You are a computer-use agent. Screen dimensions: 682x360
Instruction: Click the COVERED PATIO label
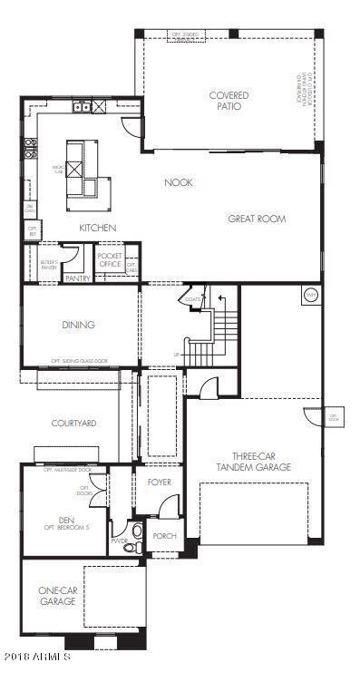point(229,101)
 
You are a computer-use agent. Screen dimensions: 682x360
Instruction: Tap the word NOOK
point(179,182)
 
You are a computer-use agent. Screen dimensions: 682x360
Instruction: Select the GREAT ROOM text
point(257,219)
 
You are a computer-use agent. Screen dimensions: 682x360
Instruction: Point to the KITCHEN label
point(96,228)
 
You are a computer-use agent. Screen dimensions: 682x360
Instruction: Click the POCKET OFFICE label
point(110,259)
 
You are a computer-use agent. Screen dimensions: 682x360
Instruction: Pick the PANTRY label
point(77,278)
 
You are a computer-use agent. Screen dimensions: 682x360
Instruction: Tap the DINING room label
point(79,324)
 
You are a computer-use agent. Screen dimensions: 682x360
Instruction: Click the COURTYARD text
point(73,423)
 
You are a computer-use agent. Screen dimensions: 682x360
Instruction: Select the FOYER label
point(159,482)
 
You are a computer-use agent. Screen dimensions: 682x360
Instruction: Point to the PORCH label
point(164,535)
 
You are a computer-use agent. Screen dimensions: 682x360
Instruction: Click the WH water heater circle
point(309,295)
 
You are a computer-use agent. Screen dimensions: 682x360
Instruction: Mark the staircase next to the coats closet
point(222,331)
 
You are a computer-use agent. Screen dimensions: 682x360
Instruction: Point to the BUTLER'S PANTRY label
point(49,265)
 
